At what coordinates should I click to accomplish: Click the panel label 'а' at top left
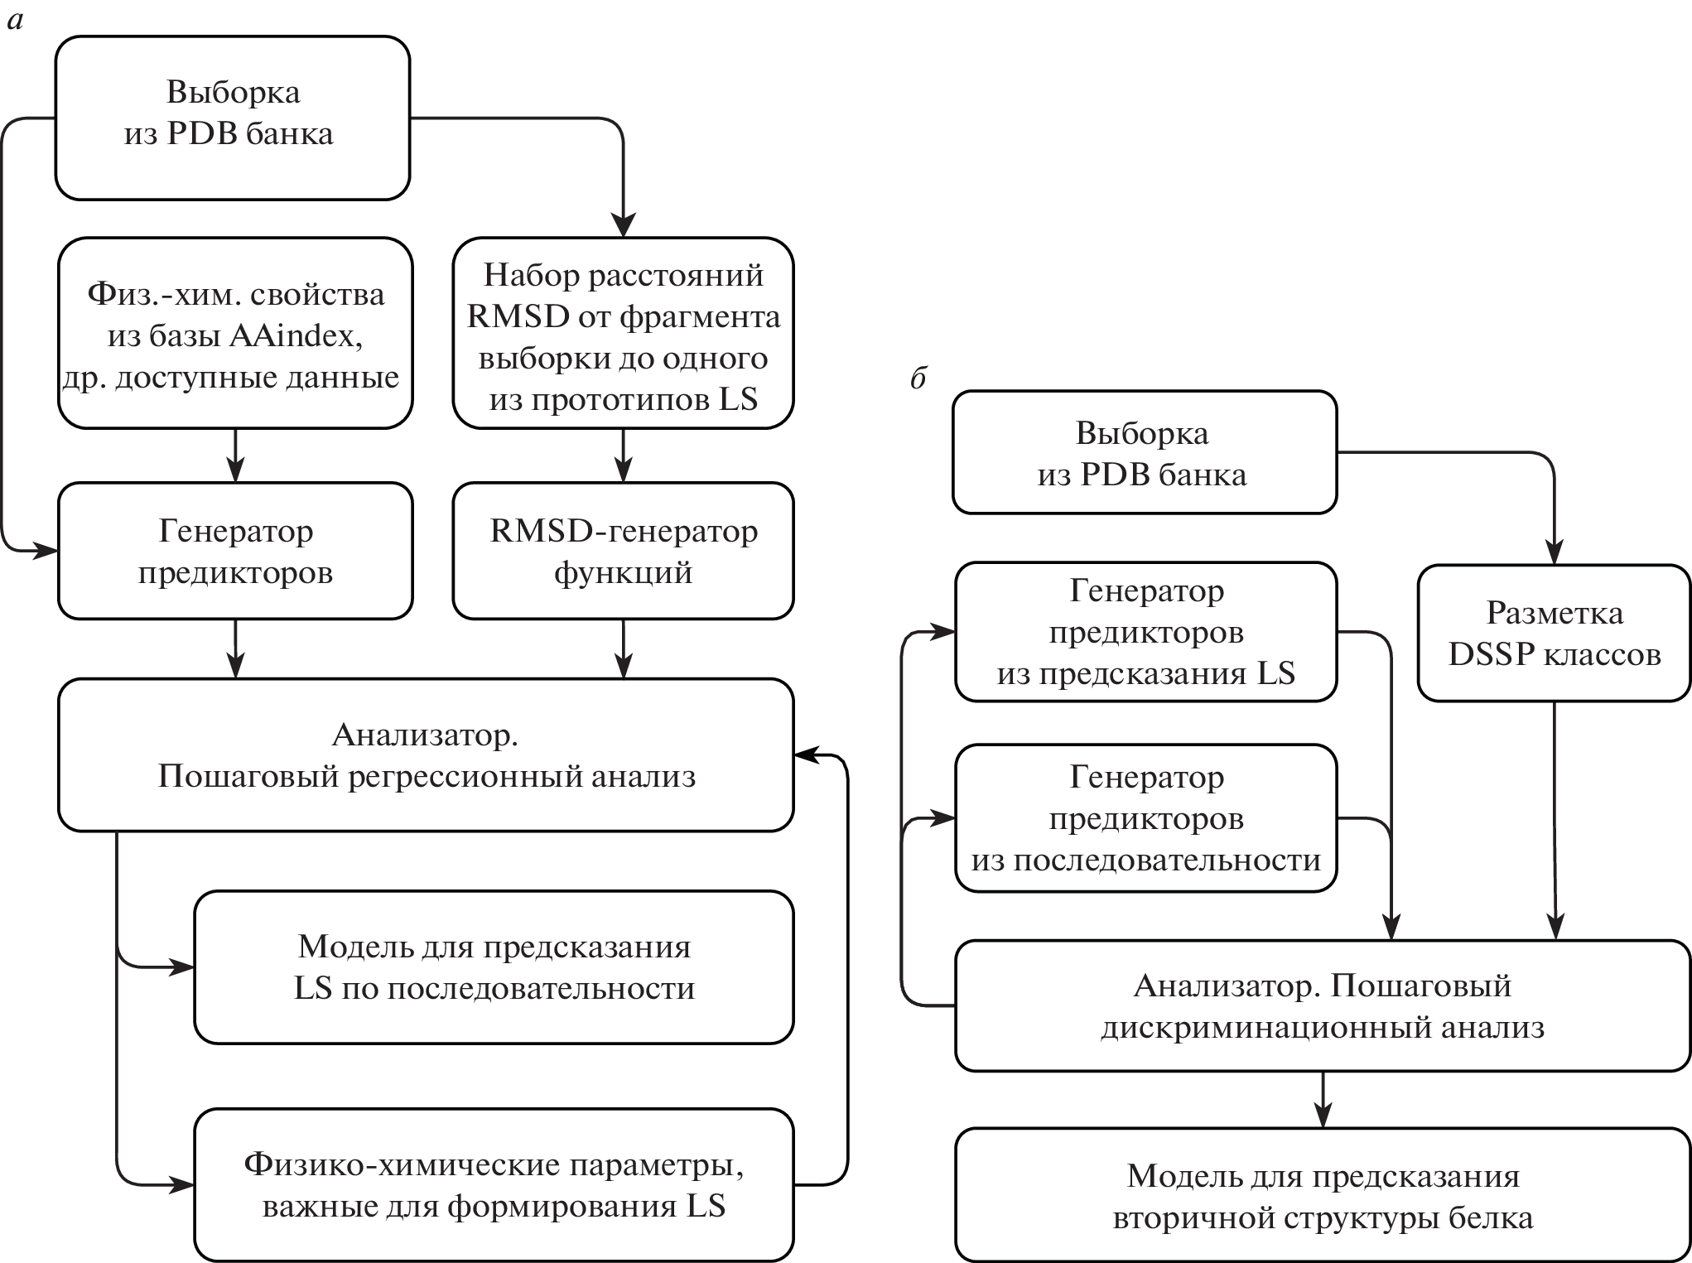click(x=14, y=21)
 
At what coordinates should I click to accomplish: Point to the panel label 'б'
click(x=918, y=378)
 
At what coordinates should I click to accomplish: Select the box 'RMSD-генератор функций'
click(x=623, y=551)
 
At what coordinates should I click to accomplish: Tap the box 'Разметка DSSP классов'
click(x=1554, y=634)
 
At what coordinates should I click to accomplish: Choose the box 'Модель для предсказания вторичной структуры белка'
click(x=1323, y=1196)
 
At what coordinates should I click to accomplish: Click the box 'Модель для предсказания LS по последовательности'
click(x=494, y=967)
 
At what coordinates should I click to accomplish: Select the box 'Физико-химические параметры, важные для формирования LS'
click(x=494, y=1184)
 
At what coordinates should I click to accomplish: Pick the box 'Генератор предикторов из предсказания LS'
click(x=1145, y=632)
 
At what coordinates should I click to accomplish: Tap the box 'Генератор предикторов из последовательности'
click(x=1145, y=818)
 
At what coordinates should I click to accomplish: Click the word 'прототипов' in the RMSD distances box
click(x=620, y=400)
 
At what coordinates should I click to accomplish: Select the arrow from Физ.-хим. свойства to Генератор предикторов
click(x=236, y=456)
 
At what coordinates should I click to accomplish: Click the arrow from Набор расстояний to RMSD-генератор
click(x=623, y=456)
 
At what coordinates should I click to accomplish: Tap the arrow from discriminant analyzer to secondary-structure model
click(x=1323, y=1100)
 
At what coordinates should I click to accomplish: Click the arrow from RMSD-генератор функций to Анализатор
click(x=623, y=649)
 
